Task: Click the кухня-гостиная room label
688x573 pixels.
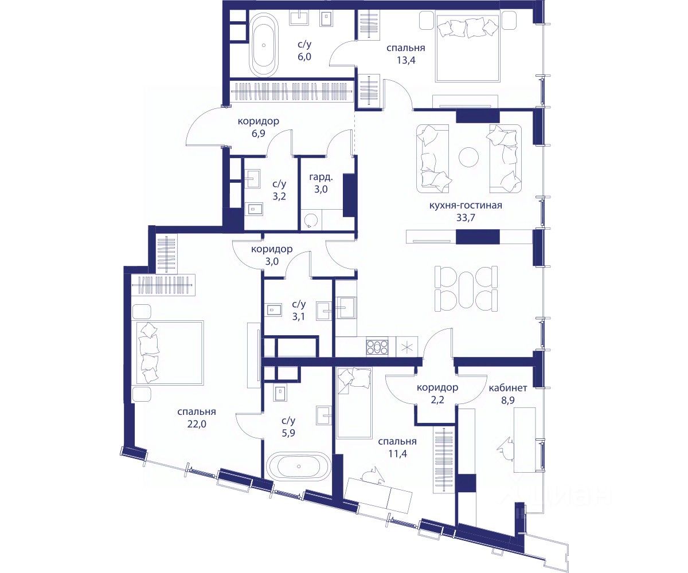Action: click(x=466, y=206)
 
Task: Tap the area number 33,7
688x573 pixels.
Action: click(x=466, y=218)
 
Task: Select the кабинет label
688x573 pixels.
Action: click(x=508, y=388)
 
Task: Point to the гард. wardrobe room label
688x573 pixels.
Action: click(x=321, y=178)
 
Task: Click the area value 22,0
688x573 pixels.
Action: click(x=197, y=424)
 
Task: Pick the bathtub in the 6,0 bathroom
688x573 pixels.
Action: click(x=264, y=45)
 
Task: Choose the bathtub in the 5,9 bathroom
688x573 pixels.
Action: click(x=299, y=466)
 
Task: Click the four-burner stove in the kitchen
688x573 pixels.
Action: click(x=377, y=346)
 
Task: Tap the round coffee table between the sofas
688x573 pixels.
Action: click(x=468, y=157)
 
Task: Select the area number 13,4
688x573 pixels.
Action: click(x=406, y=60)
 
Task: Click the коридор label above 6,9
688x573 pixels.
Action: click(x=259, y=121)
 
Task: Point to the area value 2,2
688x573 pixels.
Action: click(x=437, y=400)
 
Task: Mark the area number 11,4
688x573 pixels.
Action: click(x=398, y=454)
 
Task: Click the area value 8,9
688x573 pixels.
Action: click(x=508, y=400)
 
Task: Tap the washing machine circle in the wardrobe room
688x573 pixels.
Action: click(x=311, y=221)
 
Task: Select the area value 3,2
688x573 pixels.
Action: click(x=279, y=197)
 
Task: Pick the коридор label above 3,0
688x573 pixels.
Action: click(x=272, y=249)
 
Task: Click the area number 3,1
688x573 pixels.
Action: click(x=299, y=316)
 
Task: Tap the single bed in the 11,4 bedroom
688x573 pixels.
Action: click(x=354, y=403)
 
